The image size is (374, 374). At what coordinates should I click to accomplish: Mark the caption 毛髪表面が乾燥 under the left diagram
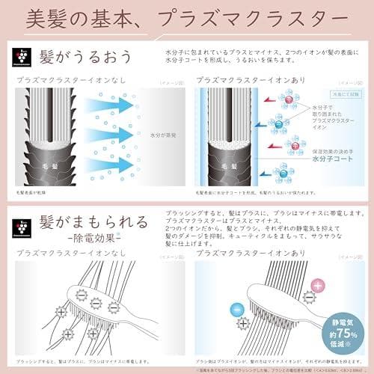pyautogui.click(x=34, y=192)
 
